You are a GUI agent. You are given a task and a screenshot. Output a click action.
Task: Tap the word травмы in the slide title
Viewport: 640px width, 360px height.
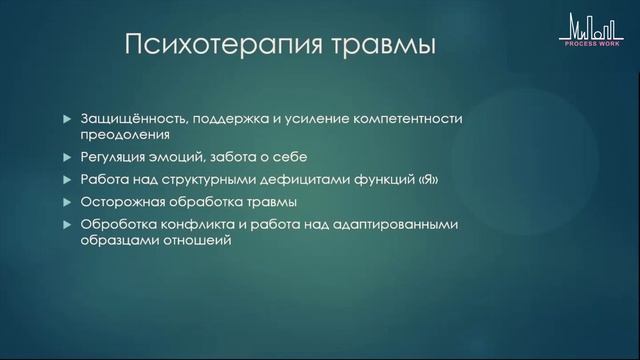tap(379, 47)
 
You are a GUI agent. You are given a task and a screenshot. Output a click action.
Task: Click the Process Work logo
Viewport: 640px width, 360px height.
tap(591, 28)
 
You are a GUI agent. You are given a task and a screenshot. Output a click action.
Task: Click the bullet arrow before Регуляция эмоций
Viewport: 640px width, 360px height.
tap(67, 157)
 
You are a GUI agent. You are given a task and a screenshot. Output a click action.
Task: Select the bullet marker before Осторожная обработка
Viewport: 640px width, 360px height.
tap(67, 203)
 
